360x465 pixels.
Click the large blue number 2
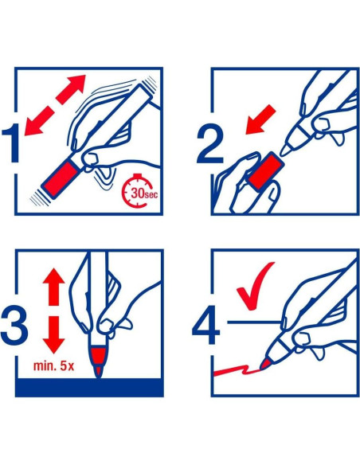209,145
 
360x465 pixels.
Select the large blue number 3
14,326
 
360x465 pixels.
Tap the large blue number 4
206,326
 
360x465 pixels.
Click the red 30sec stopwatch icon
139,190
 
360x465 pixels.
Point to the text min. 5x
53,366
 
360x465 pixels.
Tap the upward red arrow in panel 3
53,287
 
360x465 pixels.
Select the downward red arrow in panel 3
53,334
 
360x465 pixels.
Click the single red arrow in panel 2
260,119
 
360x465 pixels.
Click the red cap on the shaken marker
61,178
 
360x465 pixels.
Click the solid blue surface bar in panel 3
89,387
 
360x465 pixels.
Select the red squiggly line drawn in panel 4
237,370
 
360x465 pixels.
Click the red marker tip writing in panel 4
265,364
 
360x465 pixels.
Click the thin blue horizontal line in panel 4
254,322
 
